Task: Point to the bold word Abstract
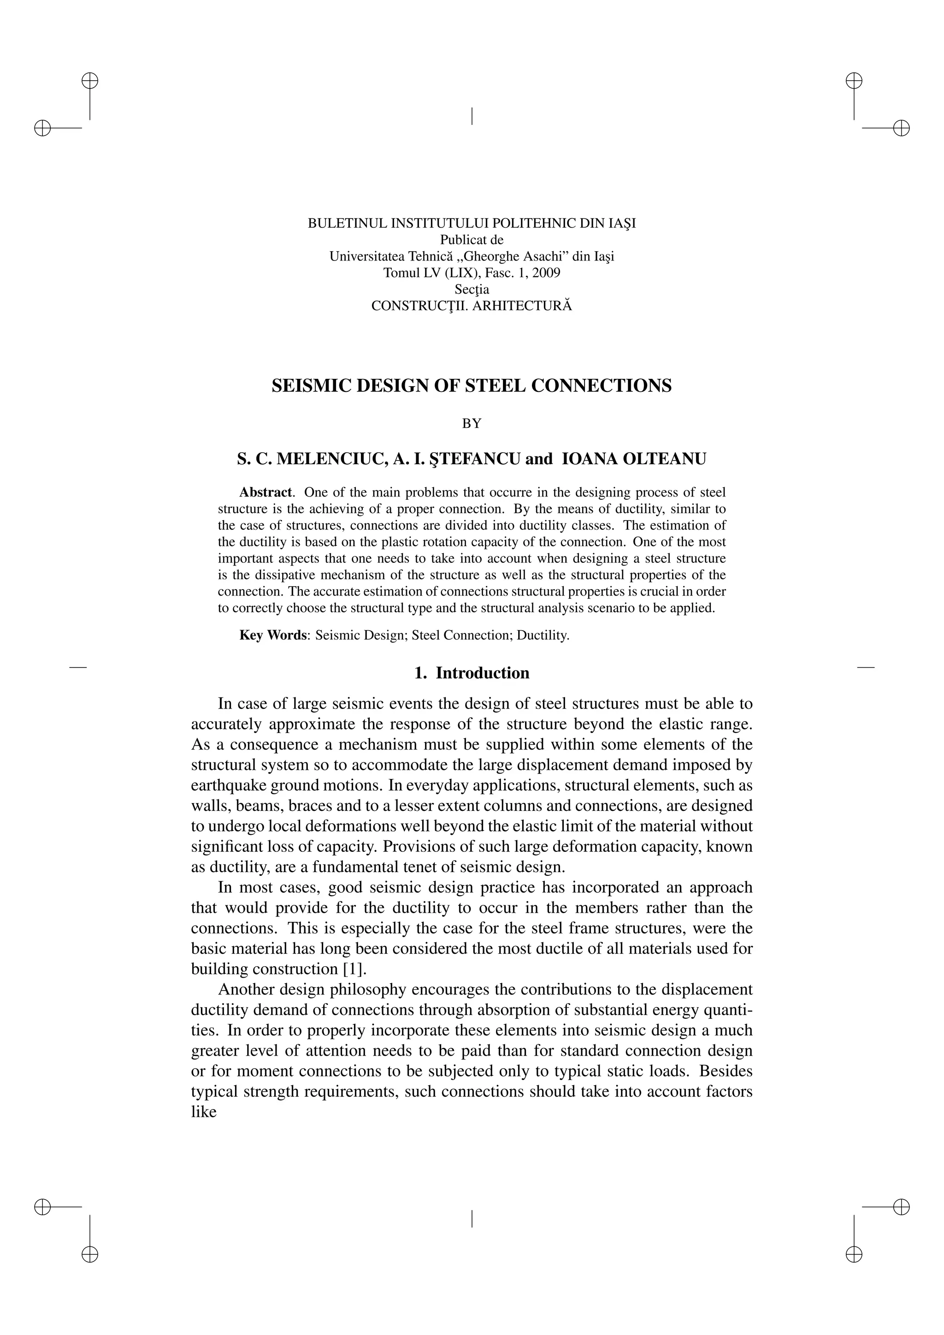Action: (265, 492)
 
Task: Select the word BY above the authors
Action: (472, 424)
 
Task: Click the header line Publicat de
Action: (472, 240)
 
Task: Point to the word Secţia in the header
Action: (472, 289)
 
